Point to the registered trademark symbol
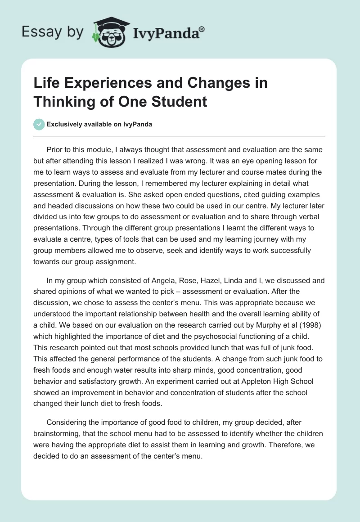[202, 28]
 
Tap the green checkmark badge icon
[39, 124]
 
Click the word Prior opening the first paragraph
[55, 150]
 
